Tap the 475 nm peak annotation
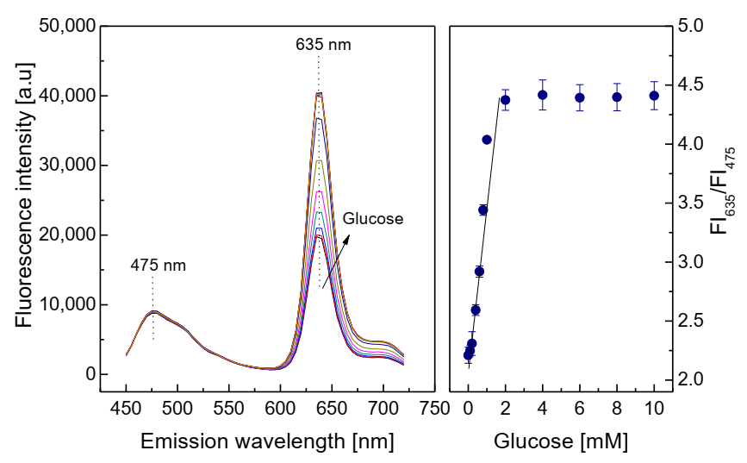click(158, 265)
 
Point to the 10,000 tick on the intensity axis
click(68, 305)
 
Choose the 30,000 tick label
click(68, 166)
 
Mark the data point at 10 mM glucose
click(654, 96)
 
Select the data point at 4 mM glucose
click(543, 95)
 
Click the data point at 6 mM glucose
click(580, 97)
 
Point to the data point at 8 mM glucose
click(617, 97)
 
